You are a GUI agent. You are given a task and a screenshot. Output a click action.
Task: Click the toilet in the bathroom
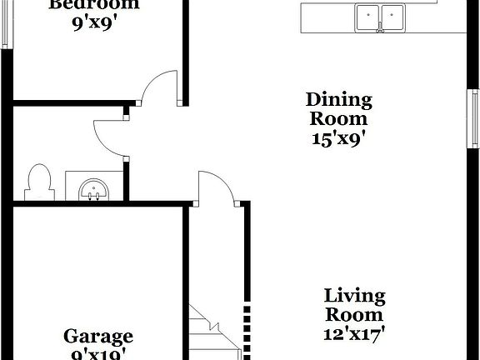[x=37, y=181]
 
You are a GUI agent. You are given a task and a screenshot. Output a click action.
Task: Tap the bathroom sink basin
[x=93, y=189]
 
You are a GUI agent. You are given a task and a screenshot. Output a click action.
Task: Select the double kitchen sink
[x=379, y=17]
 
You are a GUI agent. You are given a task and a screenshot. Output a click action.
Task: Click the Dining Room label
[x=337, y=109]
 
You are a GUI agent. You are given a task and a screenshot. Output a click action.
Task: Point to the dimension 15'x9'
[x=337, y=138]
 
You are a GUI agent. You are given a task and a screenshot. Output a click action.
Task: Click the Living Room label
[x=354, y=305]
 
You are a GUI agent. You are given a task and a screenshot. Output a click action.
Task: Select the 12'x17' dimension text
[x=354, y=334]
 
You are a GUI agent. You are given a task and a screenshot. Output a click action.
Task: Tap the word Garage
[x=98, y=337]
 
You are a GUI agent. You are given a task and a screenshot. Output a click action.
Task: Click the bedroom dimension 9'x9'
[x=93, y=22]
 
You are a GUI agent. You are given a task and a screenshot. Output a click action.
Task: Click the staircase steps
[x=212, y=333]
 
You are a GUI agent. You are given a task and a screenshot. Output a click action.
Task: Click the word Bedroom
[x=93, y=4]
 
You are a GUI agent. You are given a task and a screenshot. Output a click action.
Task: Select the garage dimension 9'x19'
[x=98, y=354]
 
